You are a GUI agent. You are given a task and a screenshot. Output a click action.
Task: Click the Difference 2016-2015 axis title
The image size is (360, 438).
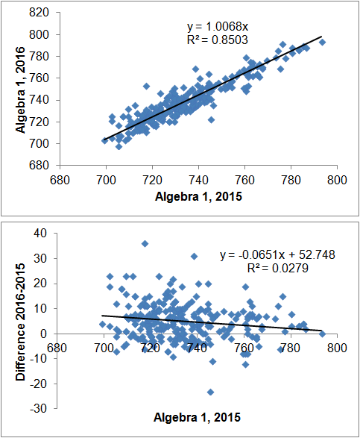20,321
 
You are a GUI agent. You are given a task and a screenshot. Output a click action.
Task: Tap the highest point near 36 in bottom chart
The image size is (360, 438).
145,243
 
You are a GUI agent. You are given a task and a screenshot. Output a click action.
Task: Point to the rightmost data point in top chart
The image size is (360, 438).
322,43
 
